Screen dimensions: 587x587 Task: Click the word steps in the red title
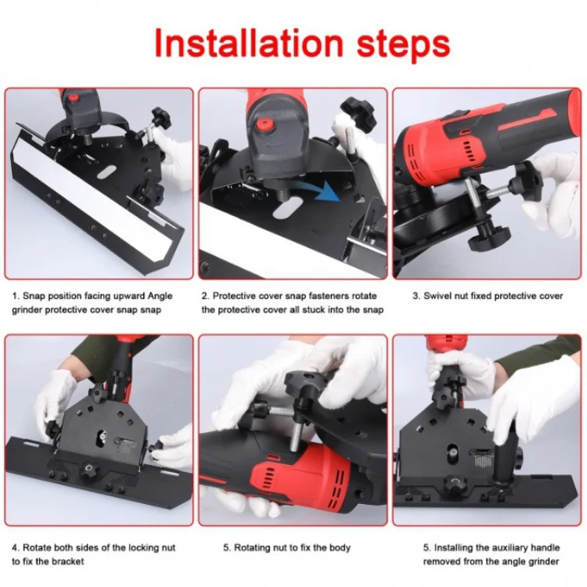coord(403,45)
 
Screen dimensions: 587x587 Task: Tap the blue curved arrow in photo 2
coord(315,189)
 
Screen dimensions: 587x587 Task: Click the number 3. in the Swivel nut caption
coord(416,296)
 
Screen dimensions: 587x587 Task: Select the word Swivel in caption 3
coord(436,296)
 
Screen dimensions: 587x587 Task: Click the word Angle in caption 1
coord(160,296)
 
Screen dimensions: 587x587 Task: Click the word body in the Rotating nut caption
coord(340,548)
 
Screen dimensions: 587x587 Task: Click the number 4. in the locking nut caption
coord(16,548)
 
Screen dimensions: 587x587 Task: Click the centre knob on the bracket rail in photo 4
coord(89,468)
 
